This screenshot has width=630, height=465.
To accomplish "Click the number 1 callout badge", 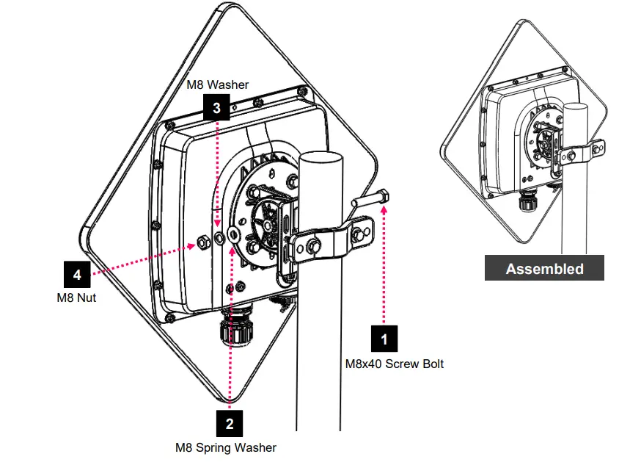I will point(385,339).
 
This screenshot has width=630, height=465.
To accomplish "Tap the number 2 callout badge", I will point(230,423).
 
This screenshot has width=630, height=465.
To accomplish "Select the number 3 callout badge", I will point(216,107).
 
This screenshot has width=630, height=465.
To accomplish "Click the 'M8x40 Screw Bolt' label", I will point(395,364).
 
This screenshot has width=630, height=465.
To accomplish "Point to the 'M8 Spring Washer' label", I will point(226,447).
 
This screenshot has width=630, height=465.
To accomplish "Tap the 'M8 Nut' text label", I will point(76,298).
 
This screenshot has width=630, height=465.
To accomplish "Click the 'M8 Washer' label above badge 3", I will point(217,84).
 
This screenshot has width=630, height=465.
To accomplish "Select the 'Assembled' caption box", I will point(544,269).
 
